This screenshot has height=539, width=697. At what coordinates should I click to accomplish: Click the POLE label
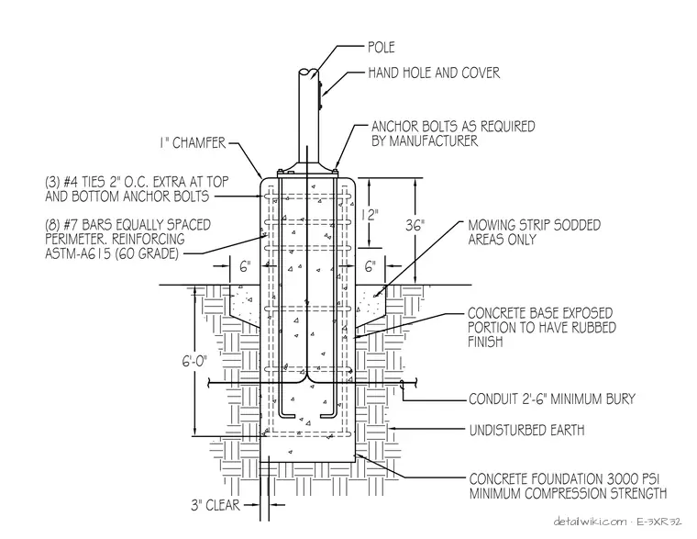click(382, 47)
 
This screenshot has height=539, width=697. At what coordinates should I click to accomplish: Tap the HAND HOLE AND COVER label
click(434, 73)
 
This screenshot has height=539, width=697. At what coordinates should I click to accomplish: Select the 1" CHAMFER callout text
click(193, 143)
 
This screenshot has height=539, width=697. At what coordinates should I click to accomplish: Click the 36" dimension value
click(415, 226)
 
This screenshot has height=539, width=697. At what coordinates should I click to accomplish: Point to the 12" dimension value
click(370, 215)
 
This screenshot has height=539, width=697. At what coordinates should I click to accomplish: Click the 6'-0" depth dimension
click(195, 361)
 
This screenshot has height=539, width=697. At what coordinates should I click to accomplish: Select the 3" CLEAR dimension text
click(216, 505)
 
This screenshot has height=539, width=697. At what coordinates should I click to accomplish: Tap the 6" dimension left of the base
click(246, 266)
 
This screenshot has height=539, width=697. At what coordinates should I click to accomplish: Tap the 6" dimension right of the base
click(371, 266)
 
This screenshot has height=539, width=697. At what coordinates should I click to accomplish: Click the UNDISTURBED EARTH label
click(526, 431)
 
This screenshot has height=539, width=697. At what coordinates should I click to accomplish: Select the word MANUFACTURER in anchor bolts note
click(434, 141)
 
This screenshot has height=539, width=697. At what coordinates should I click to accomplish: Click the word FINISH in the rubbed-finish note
click(485, 342)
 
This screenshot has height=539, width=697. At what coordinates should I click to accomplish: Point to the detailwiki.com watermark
click(590, 522)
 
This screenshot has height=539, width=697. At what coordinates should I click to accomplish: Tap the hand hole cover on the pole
click(319, 95)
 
